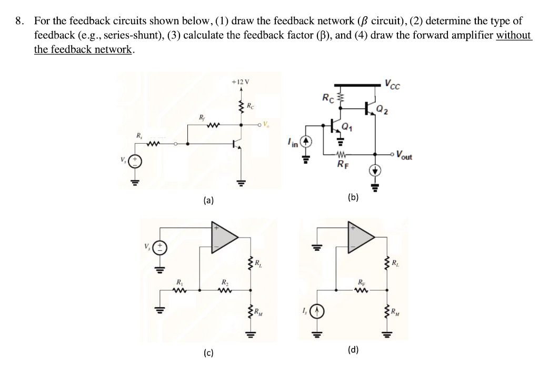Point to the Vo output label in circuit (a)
[267, 125]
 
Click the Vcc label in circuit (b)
[392, 84]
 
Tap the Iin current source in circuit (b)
[308, 142]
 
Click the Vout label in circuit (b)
[405, 156]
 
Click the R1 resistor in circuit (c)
[182, 289]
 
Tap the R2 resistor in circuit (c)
[225, 289]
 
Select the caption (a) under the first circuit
[209, 200]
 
